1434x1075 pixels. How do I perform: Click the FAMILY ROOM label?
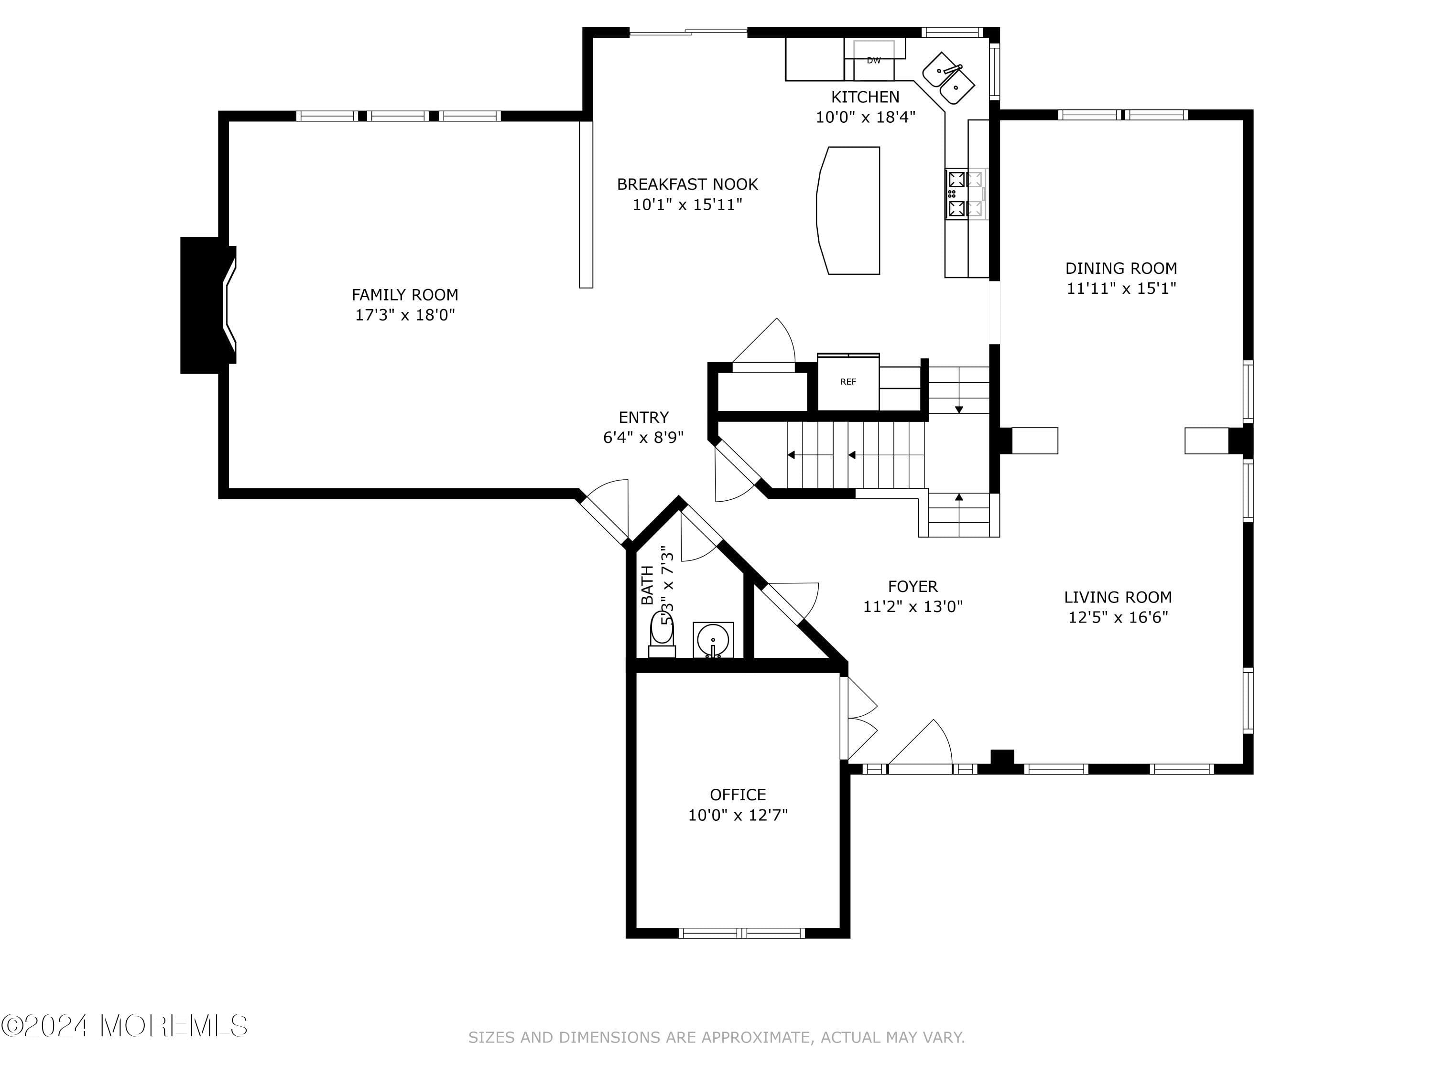pos(404,295)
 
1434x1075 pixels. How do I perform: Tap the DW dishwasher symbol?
pos(874,59)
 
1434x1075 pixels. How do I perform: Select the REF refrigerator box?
pos(848,382)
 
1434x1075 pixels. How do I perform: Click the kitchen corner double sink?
pos(948,78)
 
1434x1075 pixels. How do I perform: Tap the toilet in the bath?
pos(662,635)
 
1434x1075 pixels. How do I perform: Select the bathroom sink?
pos(713,640)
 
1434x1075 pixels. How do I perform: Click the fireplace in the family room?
pos(208,305)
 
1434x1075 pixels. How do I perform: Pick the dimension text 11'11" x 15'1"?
pos(1121,289)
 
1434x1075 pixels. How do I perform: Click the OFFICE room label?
pos(738,795)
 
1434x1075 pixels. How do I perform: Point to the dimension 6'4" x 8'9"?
pos(643,437)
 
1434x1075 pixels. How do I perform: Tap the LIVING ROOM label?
pos(1118,597)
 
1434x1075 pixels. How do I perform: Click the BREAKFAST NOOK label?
pos(687,184)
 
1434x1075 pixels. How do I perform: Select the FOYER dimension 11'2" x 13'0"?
pos(913,606)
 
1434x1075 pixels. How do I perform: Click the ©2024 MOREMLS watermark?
pos(124,1026)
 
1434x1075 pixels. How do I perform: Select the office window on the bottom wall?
pos(742,933)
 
